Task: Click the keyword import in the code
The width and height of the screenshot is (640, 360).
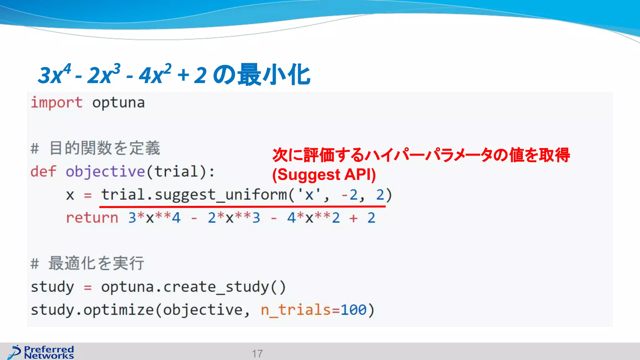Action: (57, 102)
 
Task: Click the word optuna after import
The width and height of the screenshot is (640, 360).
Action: (118, 102)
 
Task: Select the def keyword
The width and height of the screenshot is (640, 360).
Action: (43, 172)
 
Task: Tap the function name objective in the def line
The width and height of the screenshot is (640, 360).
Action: (105, 172)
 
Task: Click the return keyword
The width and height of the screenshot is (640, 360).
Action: (92, 217)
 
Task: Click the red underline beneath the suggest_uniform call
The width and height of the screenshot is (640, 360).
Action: (242, 207)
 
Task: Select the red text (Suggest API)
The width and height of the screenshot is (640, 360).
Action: (324, 174)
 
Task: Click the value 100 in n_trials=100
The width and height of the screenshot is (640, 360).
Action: (353, 310)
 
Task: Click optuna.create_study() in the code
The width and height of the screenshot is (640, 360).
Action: (193, 287)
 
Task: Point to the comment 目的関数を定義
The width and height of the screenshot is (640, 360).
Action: (105, 148)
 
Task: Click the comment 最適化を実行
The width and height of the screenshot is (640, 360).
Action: (96, 263)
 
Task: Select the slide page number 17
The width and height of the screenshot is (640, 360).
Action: (257, 353)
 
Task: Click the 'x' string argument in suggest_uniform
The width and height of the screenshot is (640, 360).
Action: (309, 195)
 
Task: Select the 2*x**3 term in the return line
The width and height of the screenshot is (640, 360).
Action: (234, 217)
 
